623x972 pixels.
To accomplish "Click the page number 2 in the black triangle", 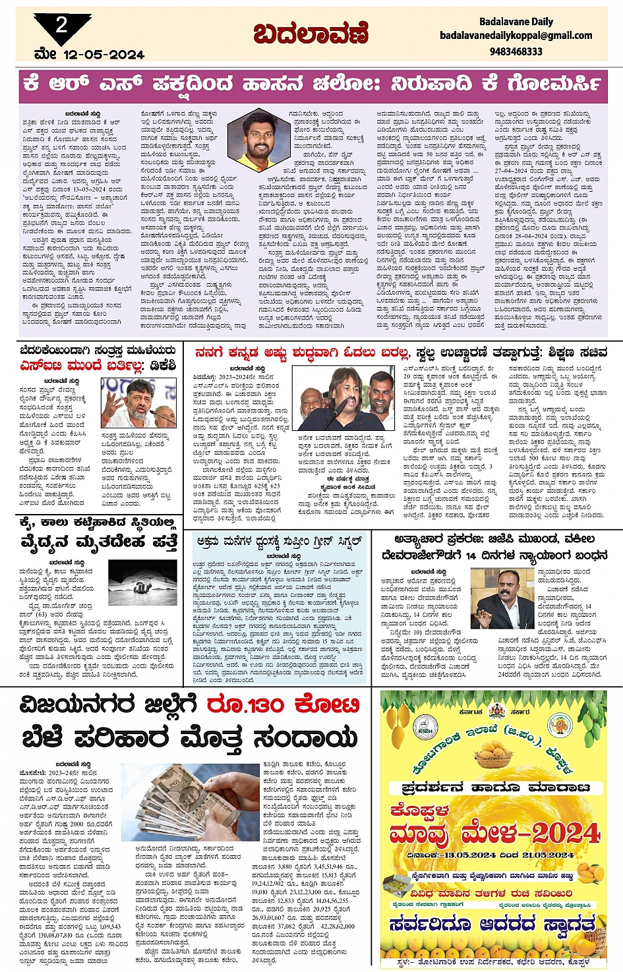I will [61, 26].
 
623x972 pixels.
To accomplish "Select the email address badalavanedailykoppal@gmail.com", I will [516, 36].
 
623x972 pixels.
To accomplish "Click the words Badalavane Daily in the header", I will [516, 22].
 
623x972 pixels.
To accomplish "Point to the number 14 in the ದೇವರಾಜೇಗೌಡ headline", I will [471, 555].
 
